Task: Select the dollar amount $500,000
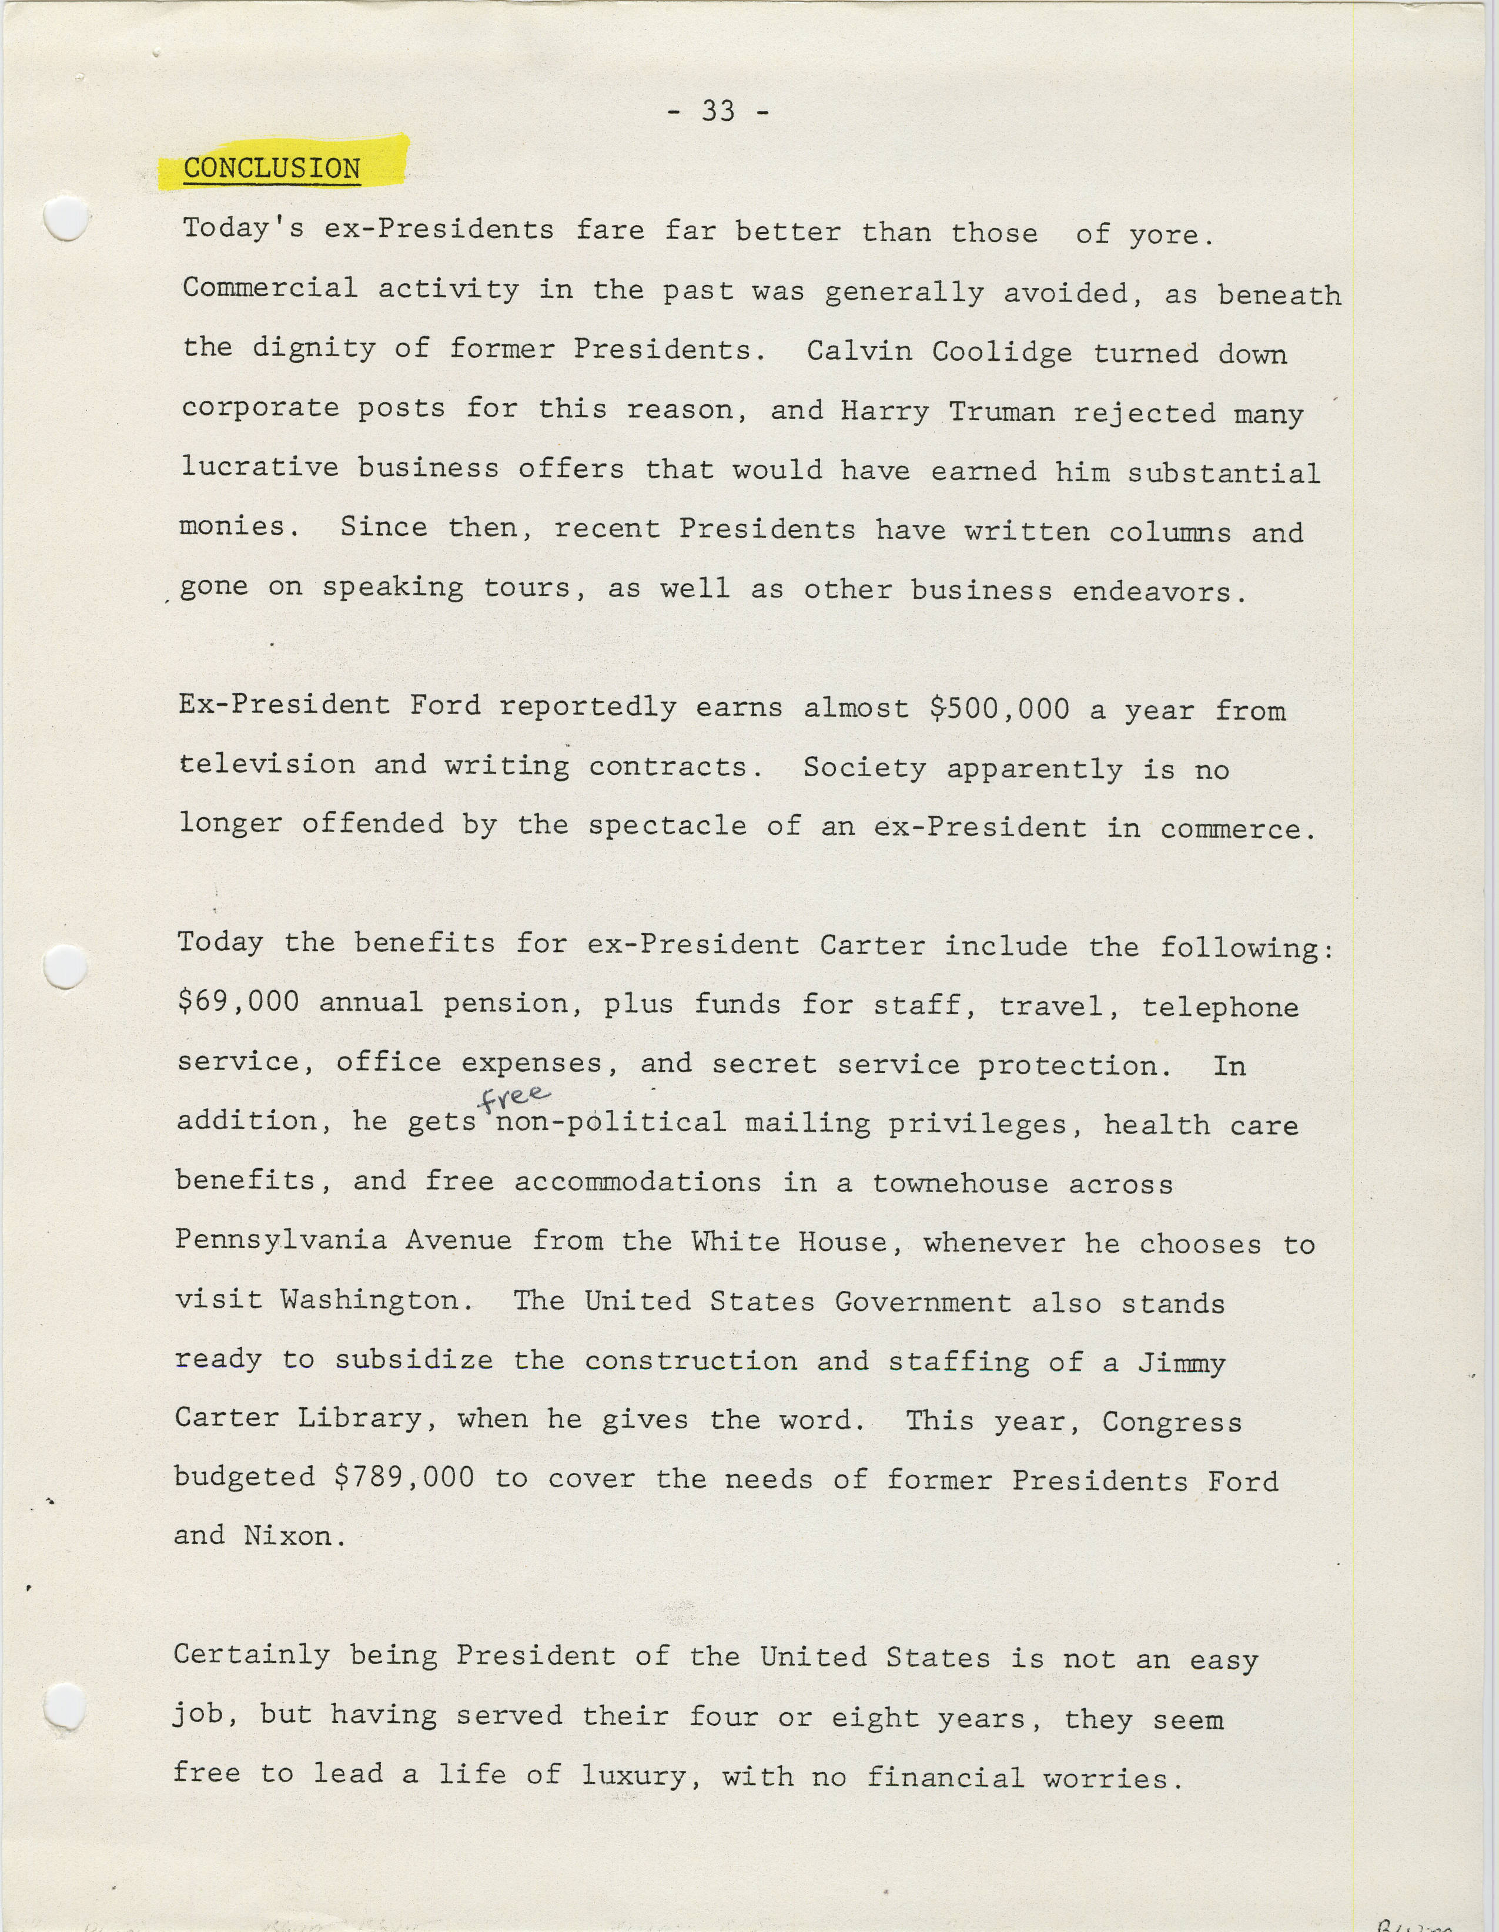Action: (999, 709)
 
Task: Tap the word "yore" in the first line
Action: (1163, 235)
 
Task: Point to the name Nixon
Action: (289, 1536)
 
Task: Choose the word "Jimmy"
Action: (1182, 1362)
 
